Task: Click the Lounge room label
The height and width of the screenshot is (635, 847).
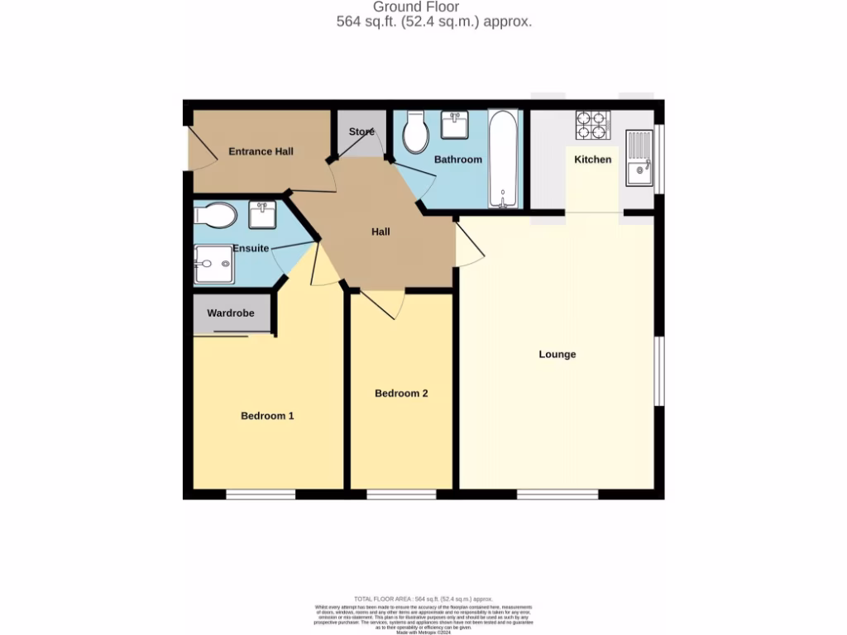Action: click(557, 355)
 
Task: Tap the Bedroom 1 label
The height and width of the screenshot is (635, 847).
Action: click(267, 416)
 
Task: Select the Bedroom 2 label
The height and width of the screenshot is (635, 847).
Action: click(401, 394)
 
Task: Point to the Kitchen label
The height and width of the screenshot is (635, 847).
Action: click(593, 160)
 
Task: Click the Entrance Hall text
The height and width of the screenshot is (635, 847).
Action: click(261, 151)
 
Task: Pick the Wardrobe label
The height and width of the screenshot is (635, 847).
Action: click(230, 313)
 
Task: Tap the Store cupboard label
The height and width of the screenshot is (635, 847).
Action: click(361, 132)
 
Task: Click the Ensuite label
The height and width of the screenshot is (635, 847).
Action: click(251, 248)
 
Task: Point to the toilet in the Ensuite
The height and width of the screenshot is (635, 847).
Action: click(215, 217)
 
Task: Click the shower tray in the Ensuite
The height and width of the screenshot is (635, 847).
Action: click(213, 265)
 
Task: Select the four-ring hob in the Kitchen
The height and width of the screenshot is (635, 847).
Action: click(592, 124)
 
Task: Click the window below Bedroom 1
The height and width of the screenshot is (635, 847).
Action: click(261, 495)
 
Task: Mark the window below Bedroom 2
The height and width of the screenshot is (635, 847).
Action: click(401, 495)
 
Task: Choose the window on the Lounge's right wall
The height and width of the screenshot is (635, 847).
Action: click(659, 371)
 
